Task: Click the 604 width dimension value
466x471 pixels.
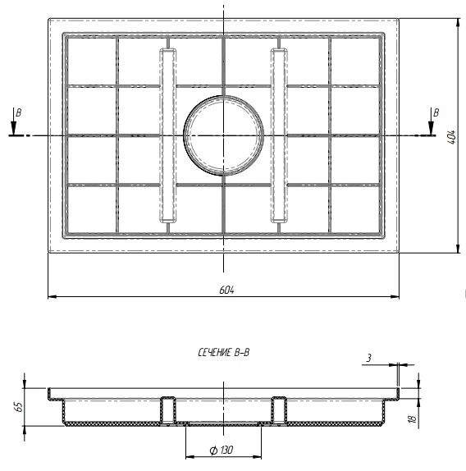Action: coord(226,290)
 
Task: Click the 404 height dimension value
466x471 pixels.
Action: coord(453,137)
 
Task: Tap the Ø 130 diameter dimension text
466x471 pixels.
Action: coord(222,450)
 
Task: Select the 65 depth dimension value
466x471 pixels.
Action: coord(19,407)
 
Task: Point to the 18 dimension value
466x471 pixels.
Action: coord(413,419)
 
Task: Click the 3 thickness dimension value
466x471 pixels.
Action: coord(369,358)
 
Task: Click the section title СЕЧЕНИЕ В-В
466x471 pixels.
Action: coord(224,352)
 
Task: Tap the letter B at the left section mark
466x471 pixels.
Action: coord(19,113)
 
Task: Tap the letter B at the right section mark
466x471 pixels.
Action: coord(436,112)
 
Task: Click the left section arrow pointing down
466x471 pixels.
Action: coord(13,121)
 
